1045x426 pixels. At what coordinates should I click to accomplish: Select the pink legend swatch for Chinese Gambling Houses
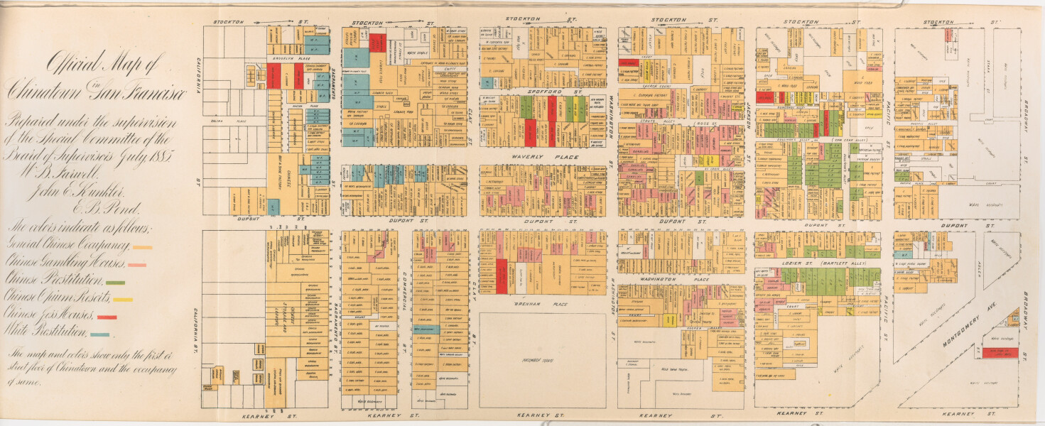pos(137,265)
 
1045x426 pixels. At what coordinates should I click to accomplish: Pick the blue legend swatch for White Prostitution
pos(99,334)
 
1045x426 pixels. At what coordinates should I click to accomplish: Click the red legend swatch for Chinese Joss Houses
pos(108,317)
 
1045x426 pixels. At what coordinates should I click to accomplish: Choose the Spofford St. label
pos(543,92)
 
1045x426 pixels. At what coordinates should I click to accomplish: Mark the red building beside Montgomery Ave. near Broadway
pos(1002,351)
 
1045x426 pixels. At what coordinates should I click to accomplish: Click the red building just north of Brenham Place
pos(502,276)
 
